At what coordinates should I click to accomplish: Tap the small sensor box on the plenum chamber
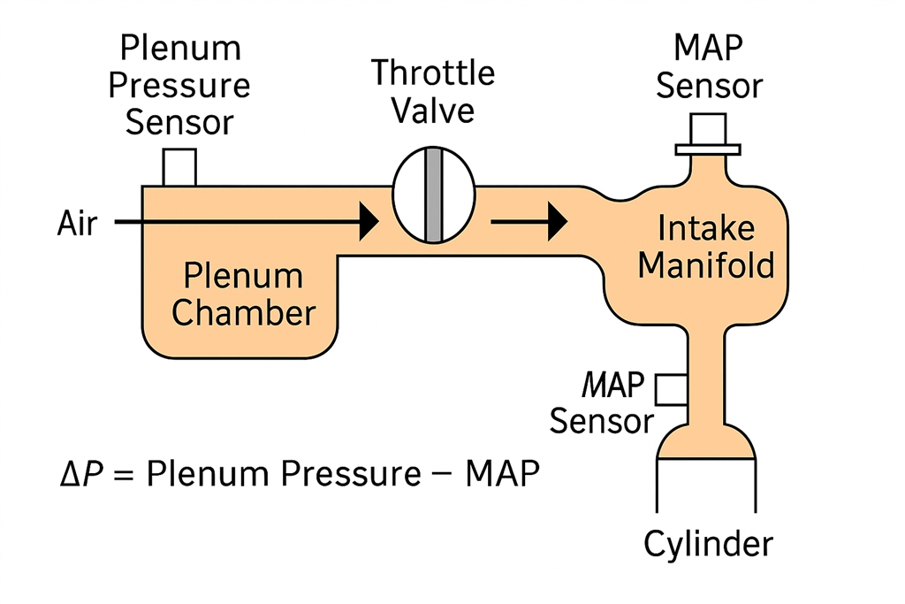pyautogui.click(x=179, y=167)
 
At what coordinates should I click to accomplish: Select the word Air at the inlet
pyautogui.click(x=78, y=223)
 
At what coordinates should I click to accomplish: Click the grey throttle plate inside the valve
pyautogui.click(x=433, y=195)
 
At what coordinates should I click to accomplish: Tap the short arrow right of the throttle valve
pyautogui.click(x=529, y=221)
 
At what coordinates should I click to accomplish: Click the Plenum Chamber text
pyautogui.click(x=243, y=294)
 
